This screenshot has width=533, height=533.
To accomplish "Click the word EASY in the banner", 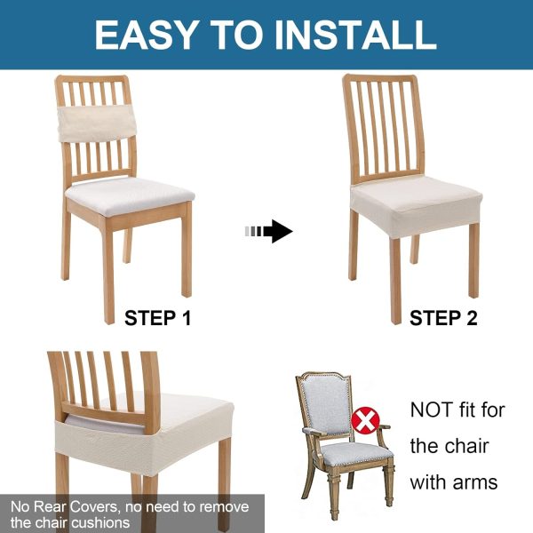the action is [x=145, y=35].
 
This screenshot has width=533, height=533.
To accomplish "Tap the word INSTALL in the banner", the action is [x=355, y=35].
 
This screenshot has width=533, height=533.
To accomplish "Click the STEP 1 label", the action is [x=158, y=318].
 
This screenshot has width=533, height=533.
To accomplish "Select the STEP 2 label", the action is [x=443, y=318].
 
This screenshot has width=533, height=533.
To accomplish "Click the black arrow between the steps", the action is [x=268, y=232].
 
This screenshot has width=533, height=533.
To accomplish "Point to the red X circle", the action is [x=365, y=421].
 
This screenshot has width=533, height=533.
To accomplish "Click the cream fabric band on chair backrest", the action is [x=98, y=123].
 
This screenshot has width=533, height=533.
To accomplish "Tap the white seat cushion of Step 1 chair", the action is [x=130, y=196].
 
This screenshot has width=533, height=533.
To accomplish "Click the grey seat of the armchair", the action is [x=356, y=454].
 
